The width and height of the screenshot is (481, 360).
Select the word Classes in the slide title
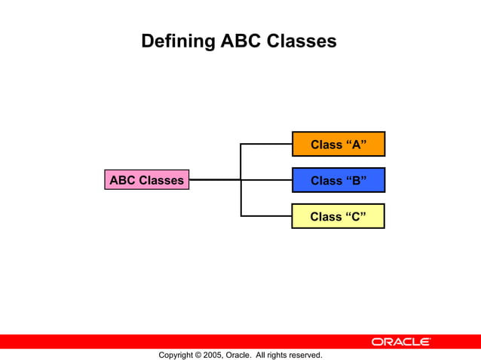click(301, 41)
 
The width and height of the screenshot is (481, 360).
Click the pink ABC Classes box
click(146, 180)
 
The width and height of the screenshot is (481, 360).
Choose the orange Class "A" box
click(339, 144)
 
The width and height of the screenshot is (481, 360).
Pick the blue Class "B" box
click(339, 180)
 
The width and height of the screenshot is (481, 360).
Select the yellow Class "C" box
click(339, 216)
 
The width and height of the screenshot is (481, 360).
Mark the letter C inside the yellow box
click(355, 217)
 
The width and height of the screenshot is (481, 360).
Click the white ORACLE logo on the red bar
click(400, 342)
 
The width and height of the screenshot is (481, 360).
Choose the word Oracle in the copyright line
click(238, 355)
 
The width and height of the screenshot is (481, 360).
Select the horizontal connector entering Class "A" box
click(266, 144)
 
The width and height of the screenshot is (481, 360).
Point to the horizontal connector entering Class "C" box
click(266, 216)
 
